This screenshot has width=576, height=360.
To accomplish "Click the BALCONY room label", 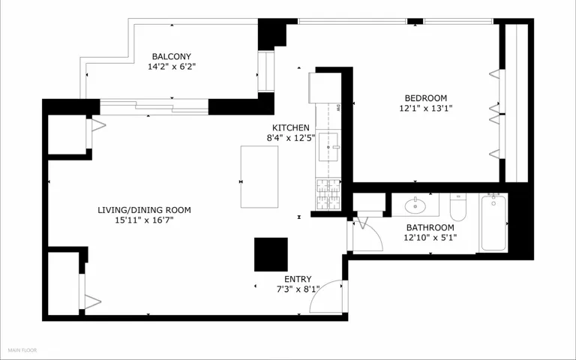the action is (x=172, y=56).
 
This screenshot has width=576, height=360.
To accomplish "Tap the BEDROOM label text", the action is (x=426, y=98).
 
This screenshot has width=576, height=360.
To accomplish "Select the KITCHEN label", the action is (x=290, y=127).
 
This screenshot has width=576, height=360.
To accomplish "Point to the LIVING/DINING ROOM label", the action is (x=144, y=210).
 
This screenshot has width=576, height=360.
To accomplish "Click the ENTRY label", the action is (x=298, y=279).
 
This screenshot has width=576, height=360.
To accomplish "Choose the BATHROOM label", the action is (x=430, y=228).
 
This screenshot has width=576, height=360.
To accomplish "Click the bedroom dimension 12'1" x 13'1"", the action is (x=426, y=108).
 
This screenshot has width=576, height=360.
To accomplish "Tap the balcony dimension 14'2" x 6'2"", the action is (x=172, y=67).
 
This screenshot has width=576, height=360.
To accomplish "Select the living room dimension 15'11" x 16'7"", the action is (x=144, y=220).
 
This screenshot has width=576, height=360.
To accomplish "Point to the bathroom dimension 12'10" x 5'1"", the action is (x=430, y=238).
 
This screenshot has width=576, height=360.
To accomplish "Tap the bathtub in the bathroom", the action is (x=493, y=223).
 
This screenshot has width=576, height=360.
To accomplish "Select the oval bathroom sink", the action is (x=415, y=205).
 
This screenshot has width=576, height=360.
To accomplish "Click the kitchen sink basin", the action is (x=328, y=147).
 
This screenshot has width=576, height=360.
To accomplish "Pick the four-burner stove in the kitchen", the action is (x=328, y=194).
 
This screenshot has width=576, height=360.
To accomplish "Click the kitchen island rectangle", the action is (x=259, y=177).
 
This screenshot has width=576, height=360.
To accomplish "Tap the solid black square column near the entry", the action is (x=271, y=254).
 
